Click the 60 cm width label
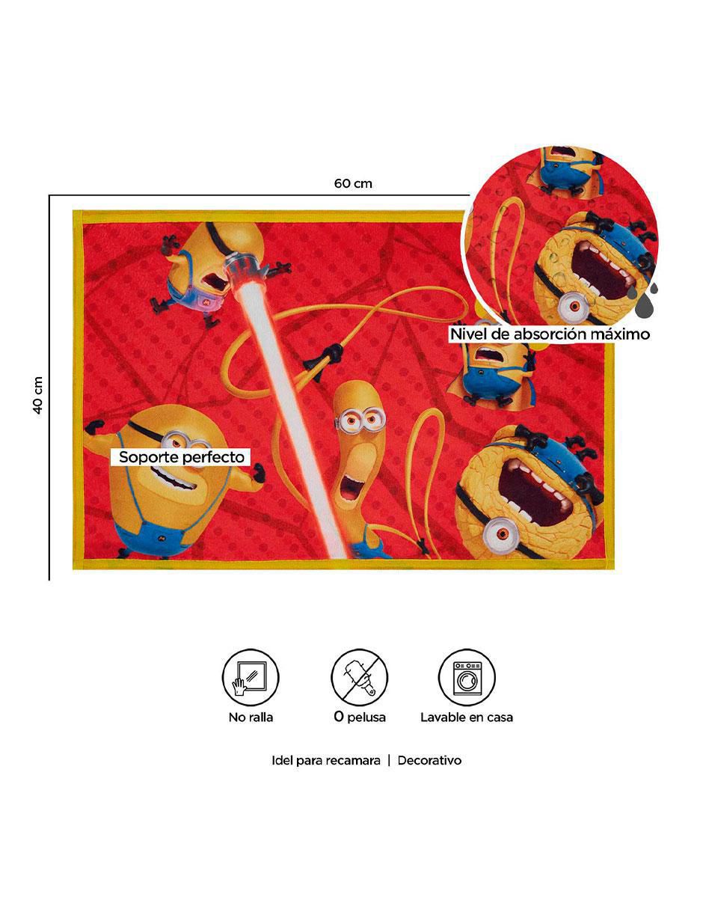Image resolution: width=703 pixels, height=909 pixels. (353, 183)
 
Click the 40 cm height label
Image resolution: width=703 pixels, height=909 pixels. (38, 395)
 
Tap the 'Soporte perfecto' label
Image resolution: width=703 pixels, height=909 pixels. (181, 456)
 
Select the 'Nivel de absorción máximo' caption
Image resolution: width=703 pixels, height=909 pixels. (550, 334)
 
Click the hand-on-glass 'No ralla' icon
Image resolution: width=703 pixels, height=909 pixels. (251, 677)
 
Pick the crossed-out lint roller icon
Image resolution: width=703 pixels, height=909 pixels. (360, 677)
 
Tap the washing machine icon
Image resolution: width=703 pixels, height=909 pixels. (467, 677)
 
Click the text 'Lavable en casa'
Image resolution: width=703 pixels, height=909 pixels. (467, 717)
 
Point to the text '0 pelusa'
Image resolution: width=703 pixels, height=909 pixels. (360, 717)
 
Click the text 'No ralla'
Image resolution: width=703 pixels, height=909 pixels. (251, 717)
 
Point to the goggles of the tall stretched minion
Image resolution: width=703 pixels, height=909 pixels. (360, 419)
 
